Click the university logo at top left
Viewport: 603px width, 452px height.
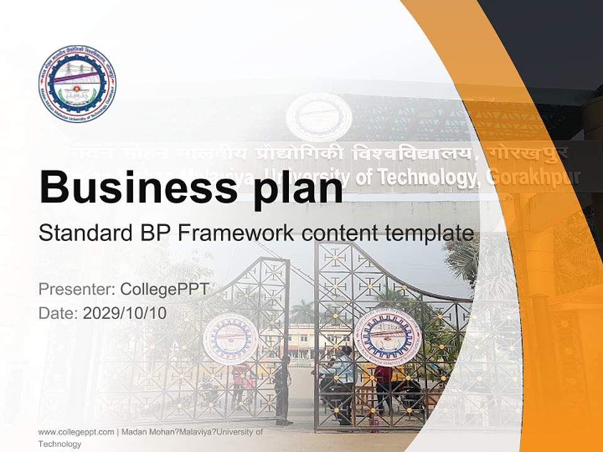pyautogui.click(x=77, y=83)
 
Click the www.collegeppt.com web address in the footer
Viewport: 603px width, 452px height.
pyautogui.click(x=76, y=432)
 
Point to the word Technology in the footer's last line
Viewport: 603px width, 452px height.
pyautogui.click(x=60, y=444)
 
